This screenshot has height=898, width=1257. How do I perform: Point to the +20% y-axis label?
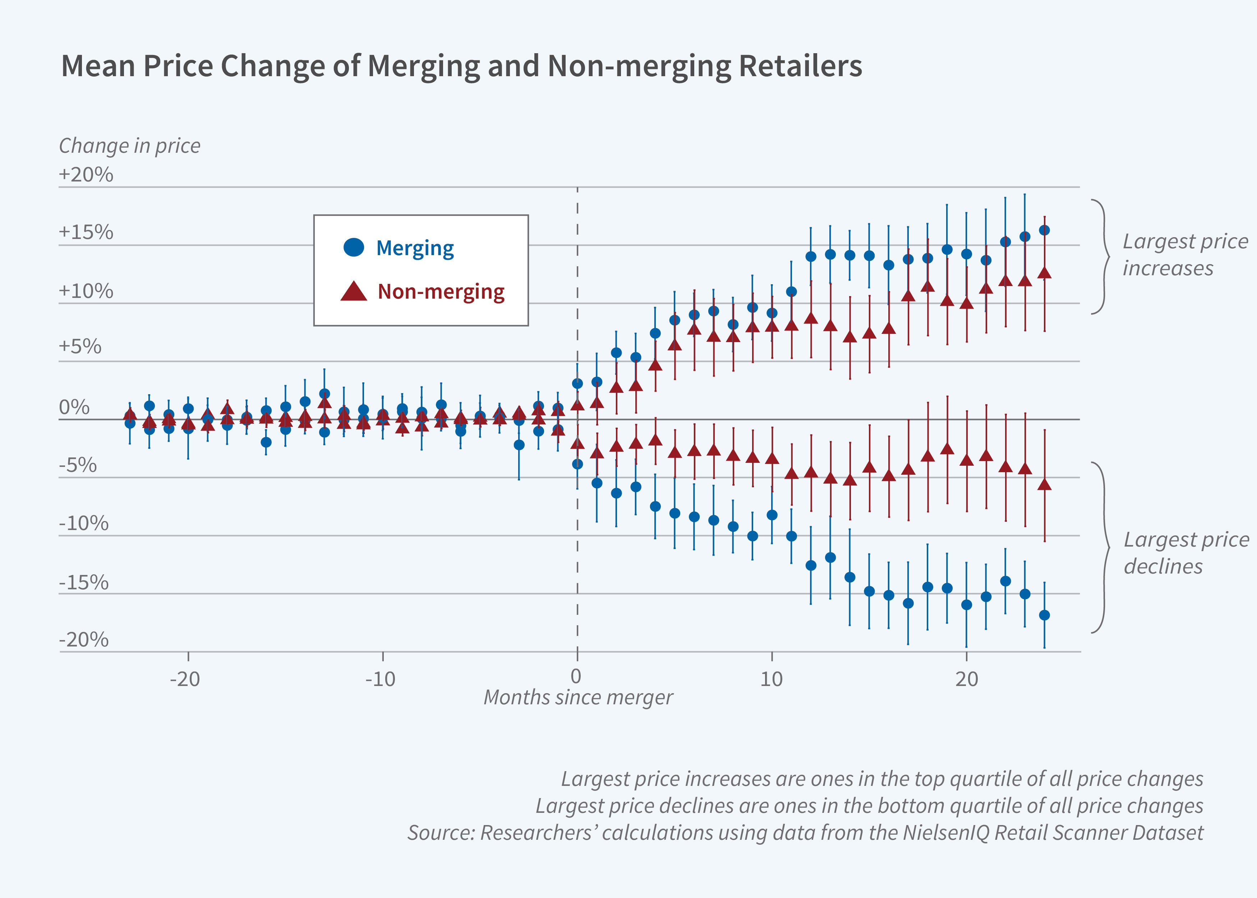pyautogui.click(x=86, y=175)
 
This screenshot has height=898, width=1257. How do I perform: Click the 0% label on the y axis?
pyautogui.click(x=74, y=407)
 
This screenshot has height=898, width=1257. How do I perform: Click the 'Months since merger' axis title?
pyautogui.click(x=578, y=697)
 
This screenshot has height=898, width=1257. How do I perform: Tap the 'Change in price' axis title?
pyautogui.click(x=129, y=146)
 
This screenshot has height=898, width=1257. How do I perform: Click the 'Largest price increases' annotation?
pyautogui.click(x=1184, y=255)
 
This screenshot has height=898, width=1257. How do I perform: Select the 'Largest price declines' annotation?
pyautogui.click(x=1185, y=553)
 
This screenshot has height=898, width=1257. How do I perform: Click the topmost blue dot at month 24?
pyautogui.click(x=1045, y=230)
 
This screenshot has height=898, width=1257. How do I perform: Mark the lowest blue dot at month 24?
pyautogui.click(x=1045, y=615)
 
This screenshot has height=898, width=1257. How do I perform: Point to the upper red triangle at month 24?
pyautogui.click(x=1045, y=273)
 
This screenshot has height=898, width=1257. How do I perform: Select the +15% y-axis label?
pyautogui.click(x=86, y=232)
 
